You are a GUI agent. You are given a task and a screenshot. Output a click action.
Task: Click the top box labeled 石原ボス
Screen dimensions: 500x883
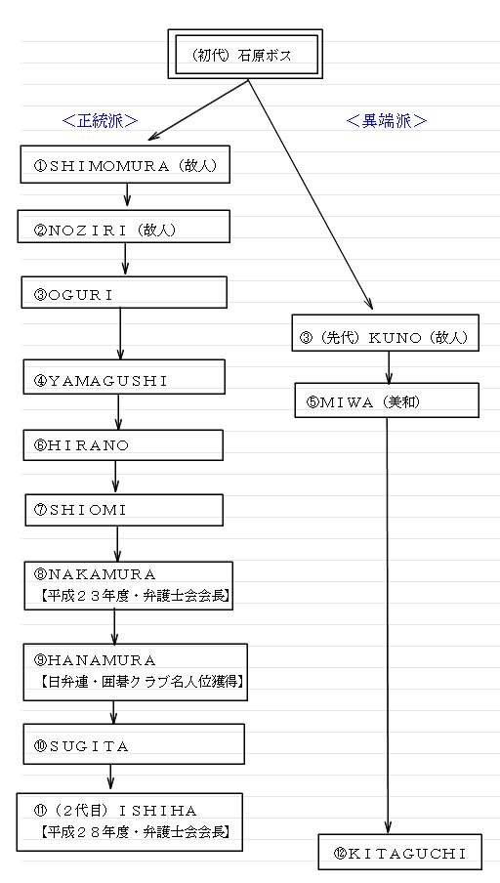[x=245, y=54]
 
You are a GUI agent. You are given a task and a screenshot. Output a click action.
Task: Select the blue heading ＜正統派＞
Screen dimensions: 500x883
[x=101, y=121]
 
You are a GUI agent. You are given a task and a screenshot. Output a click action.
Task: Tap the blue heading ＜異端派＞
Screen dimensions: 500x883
[x=387, y=121]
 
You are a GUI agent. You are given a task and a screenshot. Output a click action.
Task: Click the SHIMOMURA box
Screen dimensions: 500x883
[x=125, y=164]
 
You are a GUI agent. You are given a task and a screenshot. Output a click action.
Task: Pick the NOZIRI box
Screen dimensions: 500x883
[x=124, y=227]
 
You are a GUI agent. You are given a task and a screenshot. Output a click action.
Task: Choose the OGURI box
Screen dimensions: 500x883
[x=124, y=292]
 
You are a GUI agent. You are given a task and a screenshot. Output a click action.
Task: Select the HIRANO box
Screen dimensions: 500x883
[x=123, y=444]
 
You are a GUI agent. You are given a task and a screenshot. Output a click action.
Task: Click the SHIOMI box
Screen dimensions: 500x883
[x=124, y=510]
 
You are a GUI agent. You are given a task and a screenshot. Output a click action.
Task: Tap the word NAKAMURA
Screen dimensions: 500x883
[x=103, y=574]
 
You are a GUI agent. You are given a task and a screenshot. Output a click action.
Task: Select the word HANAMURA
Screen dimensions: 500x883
[x=104, y=659]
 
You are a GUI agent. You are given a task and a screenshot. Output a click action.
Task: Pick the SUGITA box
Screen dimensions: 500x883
[x=134, y=744]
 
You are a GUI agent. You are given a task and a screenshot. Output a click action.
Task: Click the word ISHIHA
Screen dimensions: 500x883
[x=159, y=811]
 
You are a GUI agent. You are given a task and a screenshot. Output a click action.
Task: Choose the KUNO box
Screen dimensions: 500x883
[x=386, y=333]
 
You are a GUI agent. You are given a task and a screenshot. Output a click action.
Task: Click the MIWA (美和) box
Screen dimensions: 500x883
[x=387, y=400]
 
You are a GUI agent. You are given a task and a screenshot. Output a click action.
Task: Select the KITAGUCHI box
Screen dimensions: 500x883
[x=399, y=852]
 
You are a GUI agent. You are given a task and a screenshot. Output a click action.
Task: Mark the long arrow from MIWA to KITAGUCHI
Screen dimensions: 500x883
[x=387, y=626]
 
